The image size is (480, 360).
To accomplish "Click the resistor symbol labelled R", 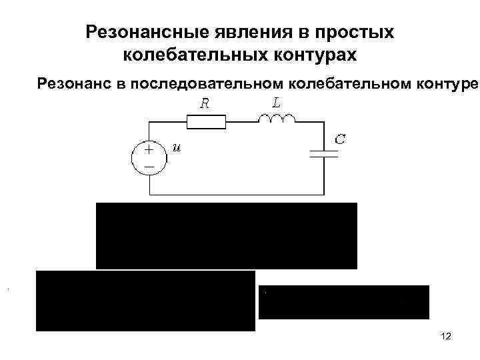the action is click(206, 122).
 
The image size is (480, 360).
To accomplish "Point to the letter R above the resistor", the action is click(206, 104).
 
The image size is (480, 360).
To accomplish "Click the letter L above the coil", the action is click(275, 101).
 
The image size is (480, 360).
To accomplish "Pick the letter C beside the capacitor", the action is click(339, 140).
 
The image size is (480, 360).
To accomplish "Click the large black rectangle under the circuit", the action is click(227, 235).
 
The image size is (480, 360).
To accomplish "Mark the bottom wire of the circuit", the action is click(233, 195).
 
